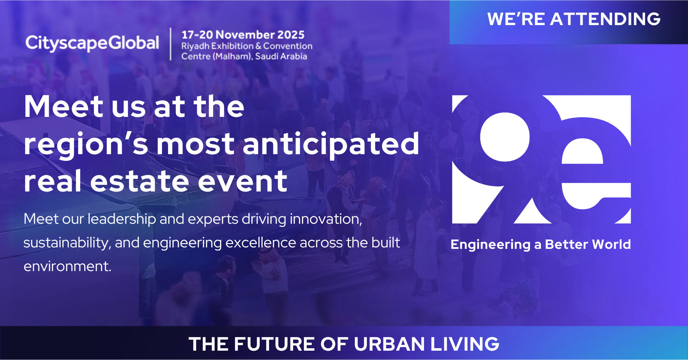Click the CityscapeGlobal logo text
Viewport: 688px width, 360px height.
coord(92,43)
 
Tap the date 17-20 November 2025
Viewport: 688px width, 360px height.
coord(243,35)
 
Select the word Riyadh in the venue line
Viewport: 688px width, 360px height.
coord(195,46)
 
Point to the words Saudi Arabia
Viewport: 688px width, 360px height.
coord(281,56)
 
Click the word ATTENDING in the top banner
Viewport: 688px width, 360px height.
coord(605,19)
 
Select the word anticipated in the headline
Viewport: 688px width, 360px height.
coord(331,144)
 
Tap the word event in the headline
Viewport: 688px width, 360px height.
coord(243,181)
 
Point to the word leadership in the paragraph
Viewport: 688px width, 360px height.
coord(122,219)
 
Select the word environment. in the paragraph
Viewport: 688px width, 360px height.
coord(67,266)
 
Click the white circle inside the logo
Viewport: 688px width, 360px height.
coord(505,137)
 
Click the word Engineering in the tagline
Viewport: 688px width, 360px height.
coord(490,245)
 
